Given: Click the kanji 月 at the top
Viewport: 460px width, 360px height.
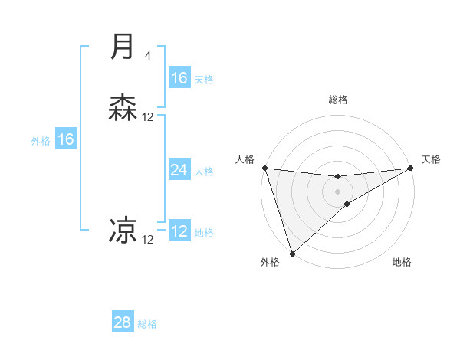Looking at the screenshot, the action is (123, 47).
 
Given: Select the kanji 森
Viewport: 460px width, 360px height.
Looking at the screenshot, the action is (123, 108).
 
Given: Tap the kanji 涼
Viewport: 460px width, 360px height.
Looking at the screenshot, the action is (123, 231).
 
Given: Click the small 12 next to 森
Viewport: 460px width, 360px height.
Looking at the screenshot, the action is (148, 117).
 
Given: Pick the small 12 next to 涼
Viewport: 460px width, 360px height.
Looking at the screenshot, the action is (148, 240).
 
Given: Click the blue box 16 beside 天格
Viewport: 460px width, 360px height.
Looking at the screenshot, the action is (179, 78).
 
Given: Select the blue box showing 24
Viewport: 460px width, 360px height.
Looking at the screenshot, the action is (179, 170).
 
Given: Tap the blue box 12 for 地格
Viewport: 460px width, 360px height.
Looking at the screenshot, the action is (179, 231).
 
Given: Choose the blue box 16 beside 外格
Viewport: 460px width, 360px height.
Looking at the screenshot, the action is (66, 139).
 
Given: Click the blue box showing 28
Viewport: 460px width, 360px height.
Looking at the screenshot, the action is (123, 322).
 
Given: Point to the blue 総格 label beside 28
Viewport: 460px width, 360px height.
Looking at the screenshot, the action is (147, 324).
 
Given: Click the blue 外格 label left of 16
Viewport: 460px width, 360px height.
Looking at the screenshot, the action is (41, 141).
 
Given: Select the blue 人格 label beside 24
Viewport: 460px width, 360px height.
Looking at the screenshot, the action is (204, 172).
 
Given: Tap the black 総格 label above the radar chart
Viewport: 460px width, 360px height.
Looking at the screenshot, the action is (338, 100).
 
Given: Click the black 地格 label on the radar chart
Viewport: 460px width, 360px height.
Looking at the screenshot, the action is (402, 263).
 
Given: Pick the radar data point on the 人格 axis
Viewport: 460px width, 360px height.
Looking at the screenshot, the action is (264, 168).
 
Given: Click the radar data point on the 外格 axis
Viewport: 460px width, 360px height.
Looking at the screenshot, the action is (292, 253).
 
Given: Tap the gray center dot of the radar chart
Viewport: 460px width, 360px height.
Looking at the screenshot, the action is (338, 191).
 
